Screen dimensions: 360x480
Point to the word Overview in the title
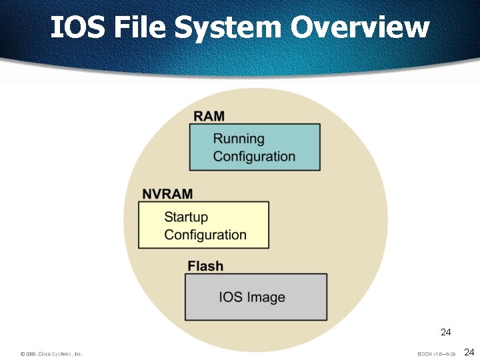(360, 27)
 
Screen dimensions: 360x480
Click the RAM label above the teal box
(209, 116)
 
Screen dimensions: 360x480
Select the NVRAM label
(167, 194)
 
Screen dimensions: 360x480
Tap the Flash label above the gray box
(205, 266)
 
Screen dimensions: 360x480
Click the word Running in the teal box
(239, 139)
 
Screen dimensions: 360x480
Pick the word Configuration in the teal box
(254, 157)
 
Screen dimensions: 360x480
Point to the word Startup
(186, 217)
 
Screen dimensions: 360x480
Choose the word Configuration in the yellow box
(205, 235)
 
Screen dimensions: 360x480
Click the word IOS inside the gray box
(231, 297)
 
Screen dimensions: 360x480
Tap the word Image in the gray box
(266, 297)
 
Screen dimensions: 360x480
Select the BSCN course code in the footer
(425, 354)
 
